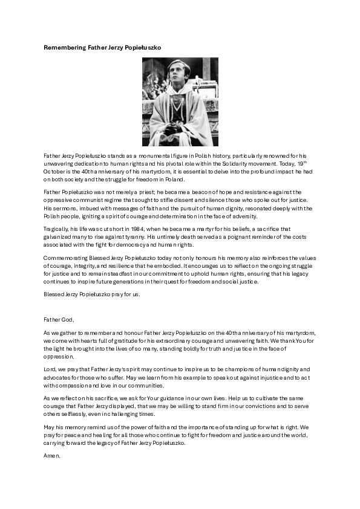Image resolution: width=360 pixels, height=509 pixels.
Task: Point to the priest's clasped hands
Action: coord(172,128)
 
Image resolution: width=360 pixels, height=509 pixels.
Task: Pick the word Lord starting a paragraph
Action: coord(50,369)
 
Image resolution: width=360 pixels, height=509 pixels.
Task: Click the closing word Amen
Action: coord(52,455)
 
